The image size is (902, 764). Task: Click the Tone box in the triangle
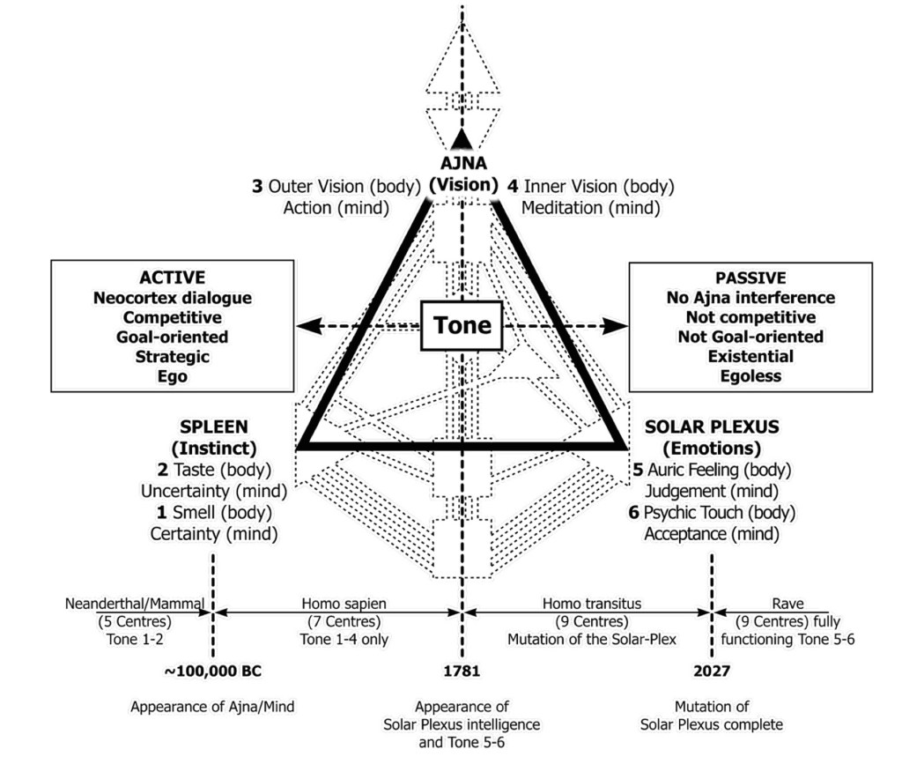coord(462,325)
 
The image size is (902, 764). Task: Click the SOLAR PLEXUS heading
coord(712,427)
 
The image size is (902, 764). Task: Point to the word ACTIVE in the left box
coord(173,278)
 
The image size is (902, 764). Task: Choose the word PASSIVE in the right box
coord(750,278)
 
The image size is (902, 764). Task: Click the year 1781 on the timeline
coord(462,671)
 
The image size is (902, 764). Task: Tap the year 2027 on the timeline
coord(711,671)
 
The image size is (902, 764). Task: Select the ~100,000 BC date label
coord(213,671)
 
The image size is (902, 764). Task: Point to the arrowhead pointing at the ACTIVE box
coord(307,325)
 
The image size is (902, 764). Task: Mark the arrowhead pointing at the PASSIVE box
coord(619,325)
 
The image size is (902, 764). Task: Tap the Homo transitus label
coord(591,604)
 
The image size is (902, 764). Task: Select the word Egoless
coord(750,376)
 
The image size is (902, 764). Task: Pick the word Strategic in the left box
coord(173,357)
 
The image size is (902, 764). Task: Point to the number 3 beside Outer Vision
coord(257,186)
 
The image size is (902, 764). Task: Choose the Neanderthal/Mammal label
coord(135,604)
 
